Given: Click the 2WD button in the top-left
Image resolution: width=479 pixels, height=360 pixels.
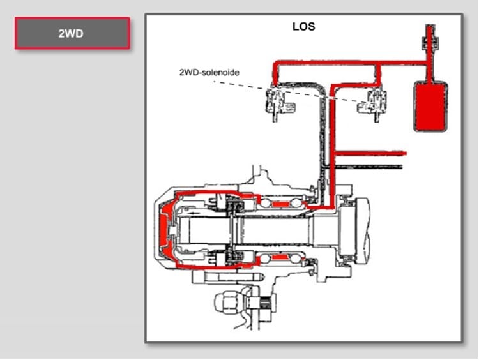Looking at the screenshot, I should [72, 33].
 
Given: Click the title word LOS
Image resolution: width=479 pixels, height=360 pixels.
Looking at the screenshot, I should [303, 27].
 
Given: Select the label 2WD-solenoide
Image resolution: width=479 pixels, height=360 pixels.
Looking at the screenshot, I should [209, 73].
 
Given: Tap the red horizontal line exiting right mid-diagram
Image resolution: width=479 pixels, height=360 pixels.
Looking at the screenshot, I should [370, 154].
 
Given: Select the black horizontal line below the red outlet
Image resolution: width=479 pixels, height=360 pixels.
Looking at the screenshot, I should [370, 165].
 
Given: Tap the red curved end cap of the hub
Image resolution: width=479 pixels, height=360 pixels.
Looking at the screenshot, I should [165, 229].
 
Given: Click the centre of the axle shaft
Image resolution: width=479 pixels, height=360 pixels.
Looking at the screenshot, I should [275, 230].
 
